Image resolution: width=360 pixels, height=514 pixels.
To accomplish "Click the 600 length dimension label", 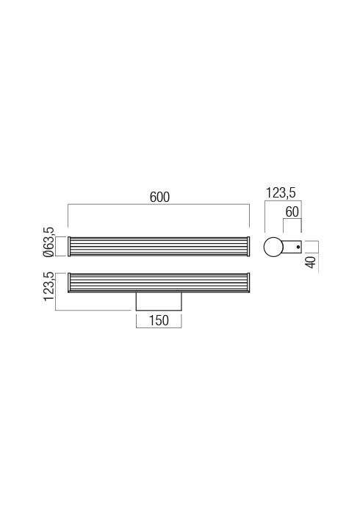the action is pos(159,197).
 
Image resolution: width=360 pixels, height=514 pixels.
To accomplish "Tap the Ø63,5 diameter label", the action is pos(48,242).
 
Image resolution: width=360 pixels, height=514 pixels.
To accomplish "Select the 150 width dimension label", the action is pos(159,320).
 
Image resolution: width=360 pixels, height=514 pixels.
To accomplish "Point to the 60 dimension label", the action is pos(292,212).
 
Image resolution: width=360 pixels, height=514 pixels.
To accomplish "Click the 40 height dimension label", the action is pos(311,262).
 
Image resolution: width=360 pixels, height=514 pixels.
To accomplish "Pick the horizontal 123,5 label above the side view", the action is pos(281,192).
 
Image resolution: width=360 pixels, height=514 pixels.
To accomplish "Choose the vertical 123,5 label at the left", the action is pos(48,286).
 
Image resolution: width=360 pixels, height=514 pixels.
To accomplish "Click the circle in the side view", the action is pos(273,247).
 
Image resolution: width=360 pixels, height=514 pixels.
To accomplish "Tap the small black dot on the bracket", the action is pos(298,247).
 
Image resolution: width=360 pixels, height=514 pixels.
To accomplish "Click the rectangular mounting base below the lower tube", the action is pos(159,301).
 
